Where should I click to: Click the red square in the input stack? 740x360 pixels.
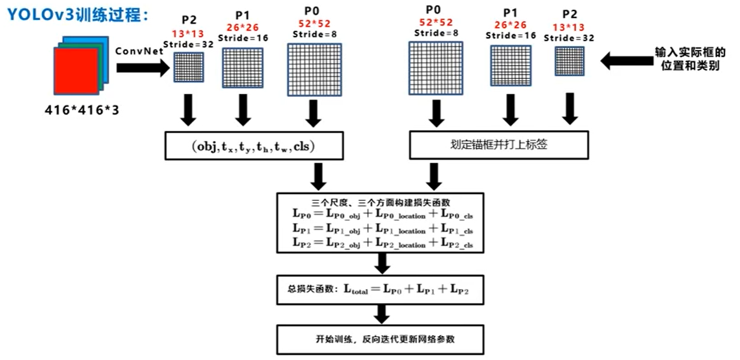tap(76, 71)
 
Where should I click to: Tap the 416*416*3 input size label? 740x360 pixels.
tap(81, 110)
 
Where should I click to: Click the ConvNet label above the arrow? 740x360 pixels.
tap(139, 51)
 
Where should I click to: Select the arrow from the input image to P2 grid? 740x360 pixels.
tap(143, 68)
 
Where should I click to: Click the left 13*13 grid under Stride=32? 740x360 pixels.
tap(189, 67)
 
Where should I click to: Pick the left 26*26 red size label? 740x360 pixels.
tap(242, 27)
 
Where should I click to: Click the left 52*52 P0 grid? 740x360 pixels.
tap(314, 70)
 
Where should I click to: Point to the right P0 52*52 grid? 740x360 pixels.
tap(436, 68)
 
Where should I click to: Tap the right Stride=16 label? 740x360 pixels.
tap(511, 35)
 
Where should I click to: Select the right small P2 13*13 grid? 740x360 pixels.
tap(570, 61)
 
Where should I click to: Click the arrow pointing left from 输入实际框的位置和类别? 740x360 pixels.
tap(627, 61)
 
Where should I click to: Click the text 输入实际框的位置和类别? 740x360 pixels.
tap(690, 59)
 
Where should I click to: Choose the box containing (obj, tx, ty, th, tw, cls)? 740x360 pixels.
tap(254, 146)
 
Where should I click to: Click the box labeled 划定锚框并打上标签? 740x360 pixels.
tap(499, 145)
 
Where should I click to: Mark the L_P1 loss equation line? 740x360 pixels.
tap(383, 229)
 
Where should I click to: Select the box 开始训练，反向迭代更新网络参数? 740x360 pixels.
tap(380, 340)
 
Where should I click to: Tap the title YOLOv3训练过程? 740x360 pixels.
tap(78, 15)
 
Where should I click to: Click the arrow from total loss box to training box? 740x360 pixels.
tap(382, 314)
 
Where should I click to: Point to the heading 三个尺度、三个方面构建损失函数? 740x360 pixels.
tap(380, 203)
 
